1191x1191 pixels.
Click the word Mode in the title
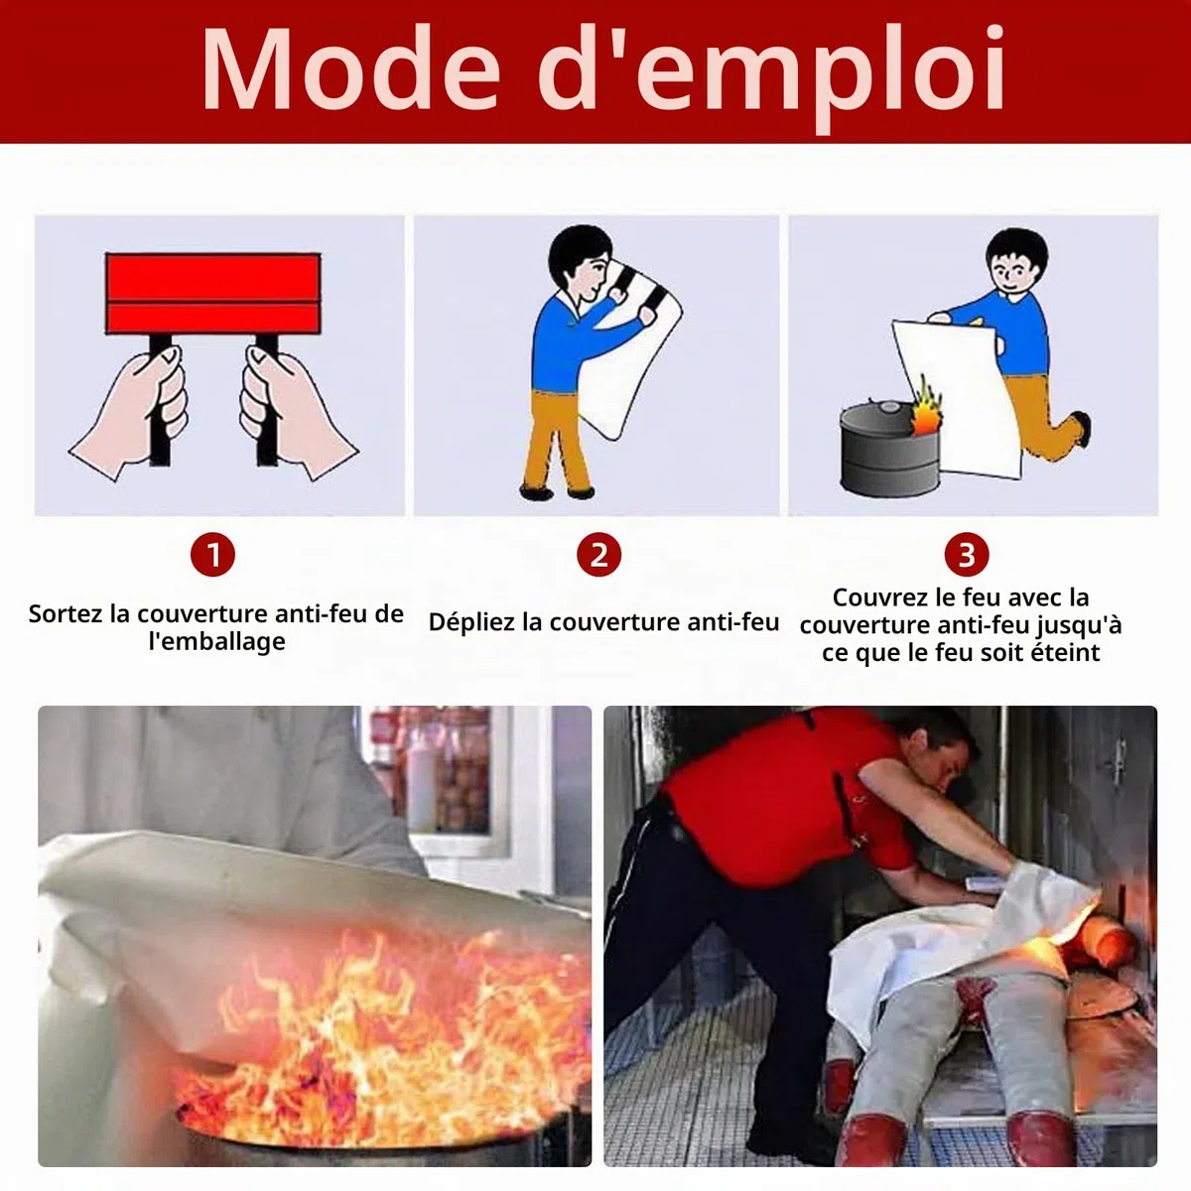(350, 69)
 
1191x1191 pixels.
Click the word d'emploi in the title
(771, 78)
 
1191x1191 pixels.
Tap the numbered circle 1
(212, 555)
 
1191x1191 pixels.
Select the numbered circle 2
(598, 555)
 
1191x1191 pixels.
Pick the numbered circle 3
(967, 555)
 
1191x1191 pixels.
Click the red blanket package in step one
(213, 294)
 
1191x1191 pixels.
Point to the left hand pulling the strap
(132, 411)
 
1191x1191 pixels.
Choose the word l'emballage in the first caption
(217, 641)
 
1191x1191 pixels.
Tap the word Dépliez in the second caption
(472, 622)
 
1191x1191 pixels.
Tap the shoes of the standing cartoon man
(557, 492)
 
